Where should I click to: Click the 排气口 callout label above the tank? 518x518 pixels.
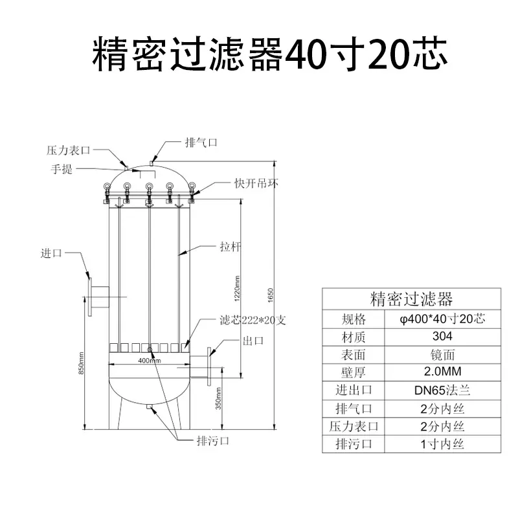[201, 142]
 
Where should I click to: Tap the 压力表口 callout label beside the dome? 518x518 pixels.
[68, 150]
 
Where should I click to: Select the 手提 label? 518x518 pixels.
[62, 169]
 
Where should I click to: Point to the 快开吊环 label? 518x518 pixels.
[256, 183]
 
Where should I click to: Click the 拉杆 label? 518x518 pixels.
[231, 247]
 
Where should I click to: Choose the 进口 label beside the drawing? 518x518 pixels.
[51, 253]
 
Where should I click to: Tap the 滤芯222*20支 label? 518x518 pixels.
[253, 320]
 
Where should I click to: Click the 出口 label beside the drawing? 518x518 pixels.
[253, 341]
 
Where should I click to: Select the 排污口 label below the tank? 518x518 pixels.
[213, 440]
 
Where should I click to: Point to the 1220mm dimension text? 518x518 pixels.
[237, 289]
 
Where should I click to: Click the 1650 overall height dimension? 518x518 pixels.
[271, 295]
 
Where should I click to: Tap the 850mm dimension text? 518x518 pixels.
[81, 363]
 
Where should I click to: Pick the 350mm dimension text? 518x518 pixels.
[218, 399]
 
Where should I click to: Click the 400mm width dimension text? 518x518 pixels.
[150, 361]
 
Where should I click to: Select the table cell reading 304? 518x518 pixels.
[442, 336]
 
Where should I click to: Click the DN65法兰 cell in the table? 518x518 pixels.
[442, 390]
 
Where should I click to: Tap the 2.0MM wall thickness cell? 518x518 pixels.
[442, 371]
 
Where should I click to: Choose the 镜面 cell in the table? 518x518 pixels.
[442, 354]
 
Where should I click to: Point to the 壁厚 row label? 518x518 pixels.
[354, 372]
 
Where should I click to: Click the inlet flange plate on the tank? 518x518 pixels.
[89, 297]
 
